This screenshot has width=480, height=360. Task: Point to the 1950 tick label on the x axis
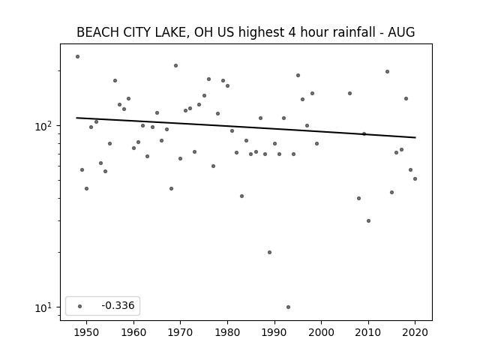(x=87, y=332)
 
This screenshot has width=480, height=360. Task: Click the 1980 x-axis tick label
(x=227, y=332)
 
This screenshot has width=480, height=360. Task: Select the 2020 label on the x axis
(x=415, y=332)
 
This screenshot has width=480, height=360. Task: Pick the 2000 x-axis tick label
(x=322, y=332)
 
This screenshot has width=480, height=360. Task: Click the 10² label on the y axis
(x=43, y=126)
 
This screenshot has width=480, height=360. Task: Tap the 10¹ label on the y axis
(x=43, y=307)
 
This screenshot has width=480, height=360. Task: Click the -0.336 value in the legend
(x=118, y=305)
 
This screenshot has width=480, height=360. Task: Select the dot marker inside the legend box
(x=80, y=306)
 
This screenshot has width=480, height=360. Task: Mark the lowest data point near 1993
(x=288, y=307)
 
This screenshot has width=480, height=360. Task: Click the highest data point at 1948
(x=77, y=57)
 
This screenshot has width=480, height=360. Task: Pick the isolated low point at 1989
(x=269, y=252)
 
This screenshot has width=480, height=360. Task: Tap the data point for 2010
(x=368, y=220)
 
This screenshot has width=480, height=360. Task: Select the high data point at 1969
(x=175, y=65)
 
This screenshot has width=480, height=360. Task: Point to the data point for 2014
(x=387, y=72)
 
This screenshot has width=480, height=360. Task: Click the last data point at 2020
(x=415, y=178)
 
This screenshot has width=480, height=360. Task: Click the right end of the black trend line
(x=415, y=137)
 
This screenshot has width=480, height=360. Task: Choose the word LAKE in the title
(x=172, y=32)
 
